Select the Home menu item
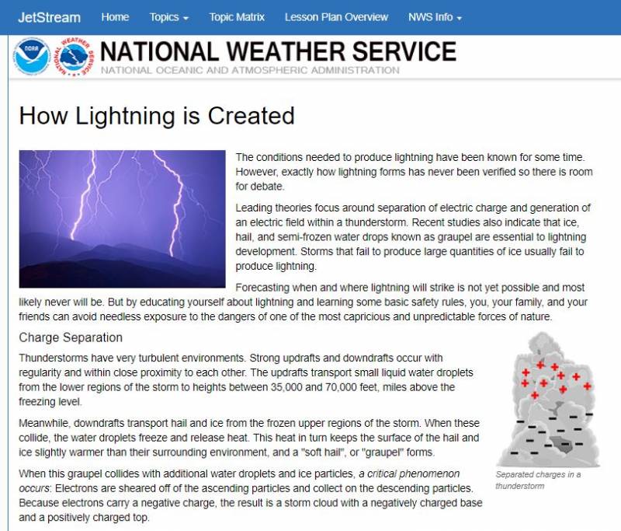point(115,17)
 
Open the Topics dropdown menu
point(169,17)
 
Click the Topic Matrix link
point(237,17)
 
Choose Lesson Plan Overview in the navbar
point(336,17)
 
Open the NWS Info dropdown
point(435,17)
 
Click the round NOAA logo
point(32,57)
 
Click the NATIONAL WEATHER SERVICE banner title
point(278,51)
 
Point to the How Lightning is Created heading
point(157,116)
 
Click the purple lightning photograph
point(122,218)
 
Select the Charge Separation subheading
point(71,338)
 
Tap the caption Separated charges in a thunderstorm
point(538,480)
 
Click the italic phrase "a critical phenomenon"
point(411,473)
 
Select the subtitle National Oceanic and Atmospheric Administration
point(249,70)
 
